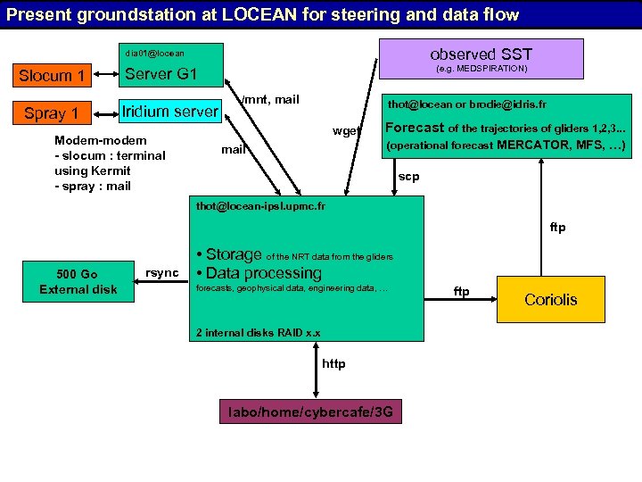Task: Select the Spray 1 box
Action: click(x=52, y=113)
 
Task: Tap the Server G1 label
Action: click(x=160, y=73)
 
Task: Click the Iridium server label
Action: click(x=169, y=111)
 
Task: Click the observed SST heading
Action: click(x=481, y=54)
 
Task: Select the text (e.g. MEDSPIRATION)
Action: click(x=481, y=69)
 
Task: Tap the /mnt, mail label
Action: click(x=271, y=99)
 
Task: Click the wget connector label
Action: click(x=346, y=131)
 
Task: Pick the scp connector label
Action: click(x=408, y=177)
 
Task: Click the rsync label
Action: click(x=162, y=272)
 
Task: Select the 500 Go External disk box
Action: click(x=78, y=281)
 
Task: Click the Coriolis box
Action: click(x=550, y=299)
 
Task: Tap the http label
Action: click(x=333, y=363)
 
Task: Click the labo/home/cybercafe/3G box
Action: click(x=310, y=412)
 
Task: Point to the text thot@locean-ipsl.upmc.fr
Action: click(x=260, y=206)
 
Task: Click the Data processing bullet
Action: click(x=263, y=273)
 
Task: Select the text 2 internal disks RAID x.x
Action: click(x=258, y=333)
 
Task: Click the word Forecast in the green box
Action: click(x=414, y=128)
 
